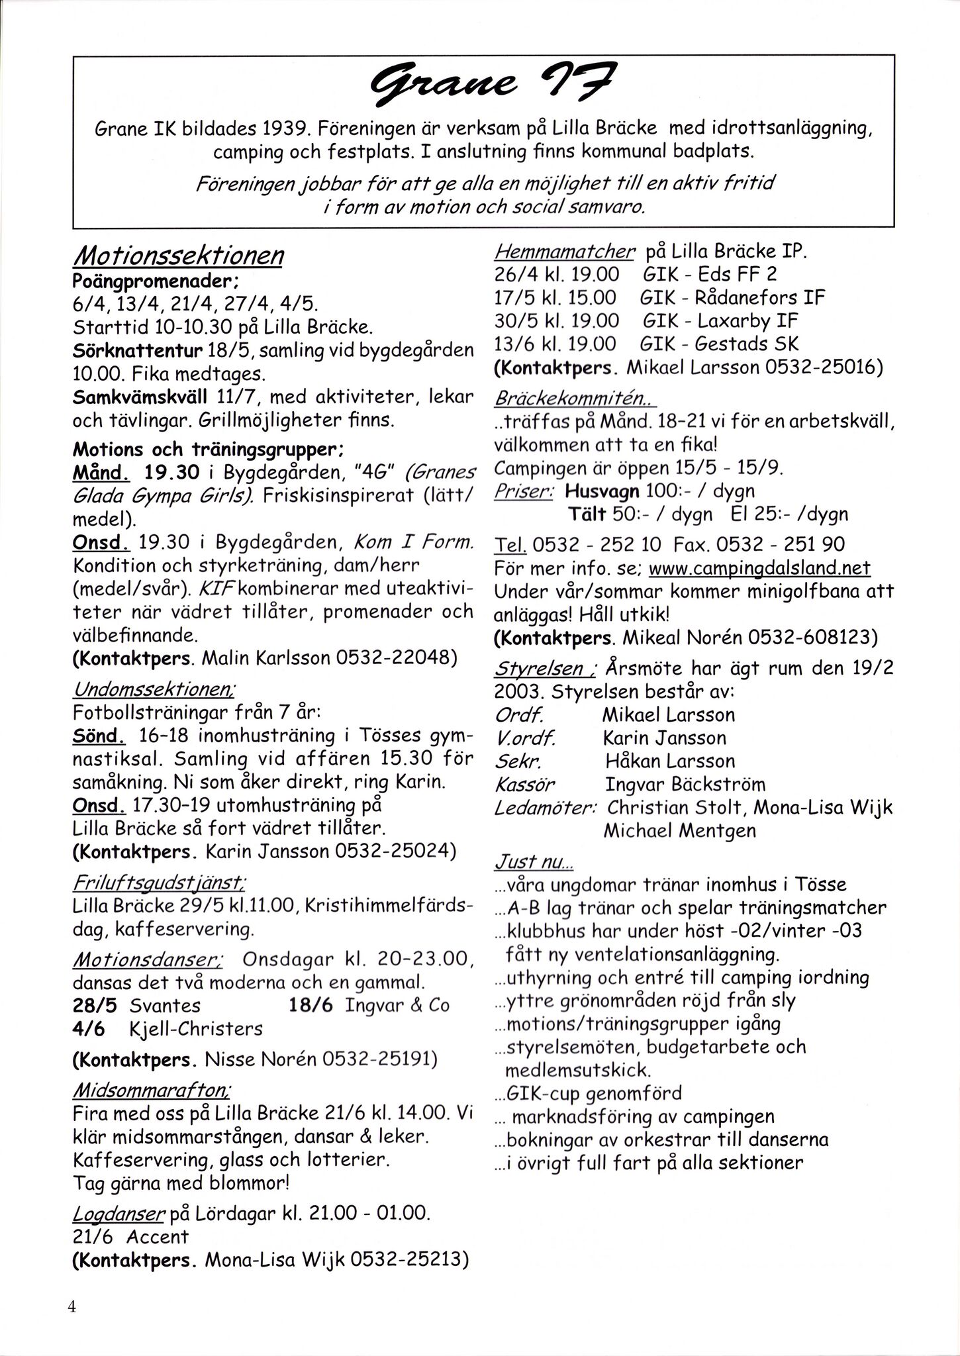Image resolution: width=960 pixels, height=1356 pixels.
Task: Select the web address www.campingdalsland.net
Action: click(x=759, y=567)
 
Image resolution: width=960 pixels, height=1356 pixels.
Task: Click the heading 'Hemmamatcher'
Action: click(x=565, y=251)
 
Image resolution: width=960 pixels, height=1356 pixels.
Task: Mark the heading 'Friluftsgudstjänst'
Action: click(x=158, y=883)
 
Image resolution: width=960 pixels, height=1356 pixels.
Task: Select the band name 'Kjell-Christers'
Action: click(x=196, y=1028)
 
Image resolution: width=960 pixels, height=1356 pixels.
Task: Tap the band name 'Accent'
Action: click(x=158, y=1236)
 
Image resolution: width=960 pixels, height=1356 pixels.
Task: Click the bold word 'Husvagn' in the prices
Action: click(x=602, y=491)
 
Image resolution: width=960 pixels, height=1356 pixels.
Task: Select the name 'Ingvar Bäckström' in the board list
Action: click(x=685, y=785)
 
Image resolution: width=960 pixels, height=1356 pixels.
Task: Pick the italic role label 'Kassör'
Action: click(x=524, y=785)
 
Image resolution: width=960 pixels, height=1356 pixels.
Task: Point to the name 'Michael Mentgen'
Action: click(x=679, y=830)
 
